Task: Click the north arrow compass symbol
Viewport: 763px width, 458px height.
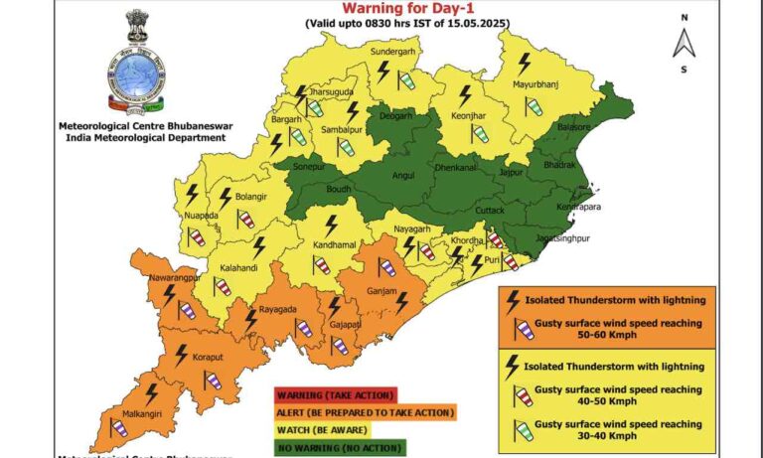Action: click(684, 43)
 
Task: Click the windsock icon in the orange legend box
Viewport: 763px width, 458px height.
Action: click(524, 328)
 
